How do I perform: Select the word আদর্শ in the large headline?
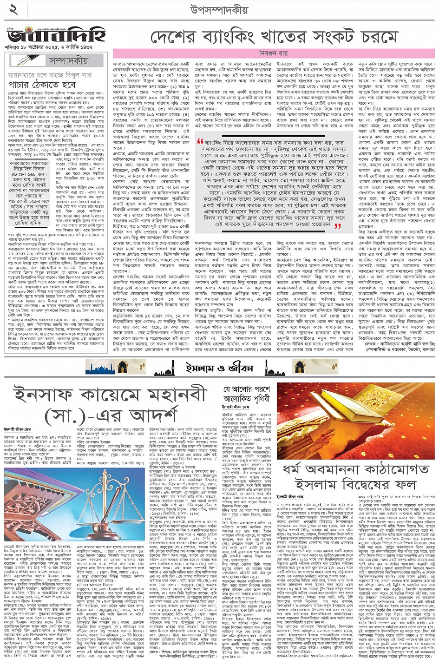click(148, 415)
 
